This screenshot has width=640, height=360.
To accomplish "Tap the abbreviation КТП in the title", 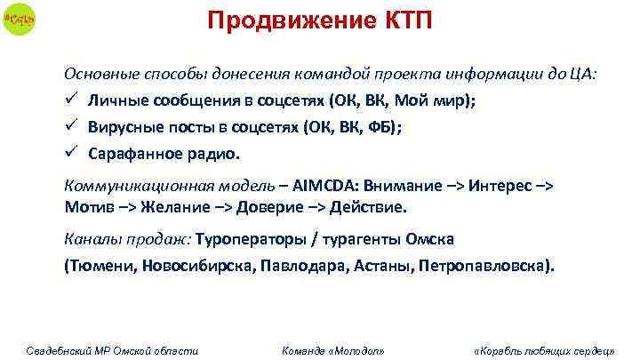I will pyautogui.click(x=402, y=20).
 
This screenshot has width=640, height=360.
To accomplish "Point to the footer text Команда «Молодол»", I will pyautogui.click(x=332, y=350).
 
